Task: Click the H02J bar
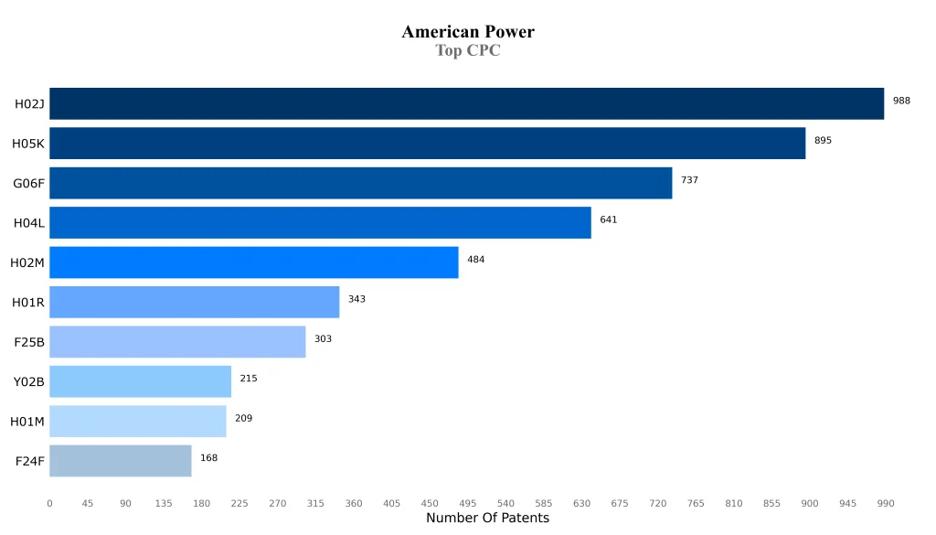point(466,103)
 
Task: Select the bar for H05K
point(427,143)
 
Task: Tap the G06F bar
point(360,183)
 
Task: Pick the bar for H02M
point(253,262)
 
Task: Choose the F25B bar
point(177,341)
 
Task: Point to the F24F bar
point(120,461)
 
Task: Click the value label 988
point(901,101)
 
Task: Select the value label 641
point(608,219)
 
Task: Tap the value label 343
point(356,299)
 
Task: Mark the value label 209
point(243,418)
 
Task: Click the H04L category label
point(29,223)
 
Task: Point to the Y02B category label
point(29,381)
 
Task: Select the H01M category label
point(27,422)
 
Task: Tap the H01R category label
point(28,303)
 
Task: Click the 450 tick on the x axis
point(430,503)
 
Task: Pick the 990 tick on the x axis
point(886,503)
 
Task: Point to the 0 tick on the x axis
point(49,503)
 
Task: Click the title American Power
point(468,32)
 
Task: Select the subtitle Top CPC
point(468,50)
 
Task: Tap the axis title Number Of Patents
point(487,519)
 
